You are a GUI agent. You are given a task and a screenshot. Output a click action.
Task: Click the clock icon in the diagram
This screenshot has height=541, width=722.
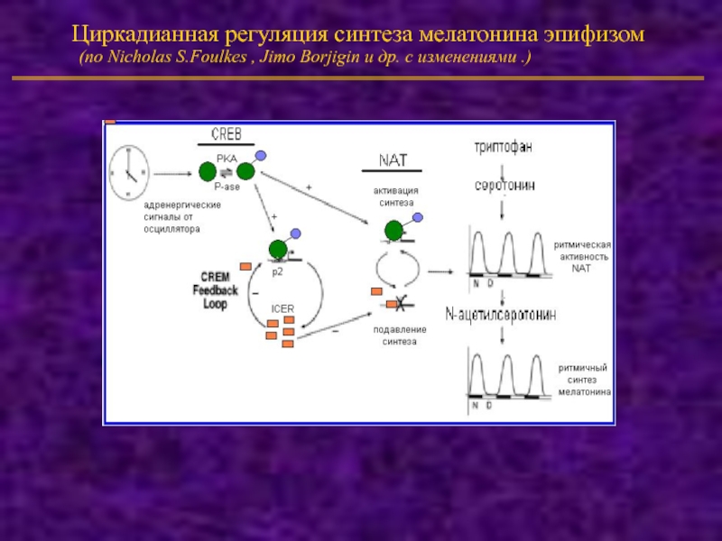128,171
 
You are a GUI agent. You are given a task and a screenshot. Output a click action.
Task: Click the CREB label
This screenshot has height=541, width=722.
226,134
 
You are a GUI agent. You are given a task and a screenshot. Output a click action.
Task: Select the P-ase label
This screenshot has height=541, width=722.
227,187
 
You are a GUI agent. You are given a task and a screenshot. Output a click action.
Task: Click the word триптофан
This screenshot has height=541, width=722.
504,144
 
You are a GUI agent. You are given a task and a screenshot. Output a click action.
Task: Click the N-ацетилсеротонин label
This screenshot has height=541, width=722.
501,315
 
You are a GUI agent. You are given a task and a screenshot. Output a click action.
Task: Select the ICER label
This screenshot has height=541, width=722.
282,308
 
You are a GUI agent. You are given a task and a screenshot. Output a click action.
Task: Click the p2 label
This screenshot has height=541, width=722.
278,270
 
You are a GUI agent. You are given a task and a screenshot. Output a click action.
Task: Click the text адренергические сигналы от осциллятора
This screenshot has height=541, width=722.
162,217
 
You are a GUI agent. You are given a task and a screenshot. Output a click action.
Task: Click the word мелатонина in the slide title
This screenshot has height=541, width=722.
482,35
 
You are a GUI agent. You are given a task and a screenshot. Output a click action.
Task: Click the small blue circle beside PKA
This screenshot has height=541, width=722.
261,155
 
